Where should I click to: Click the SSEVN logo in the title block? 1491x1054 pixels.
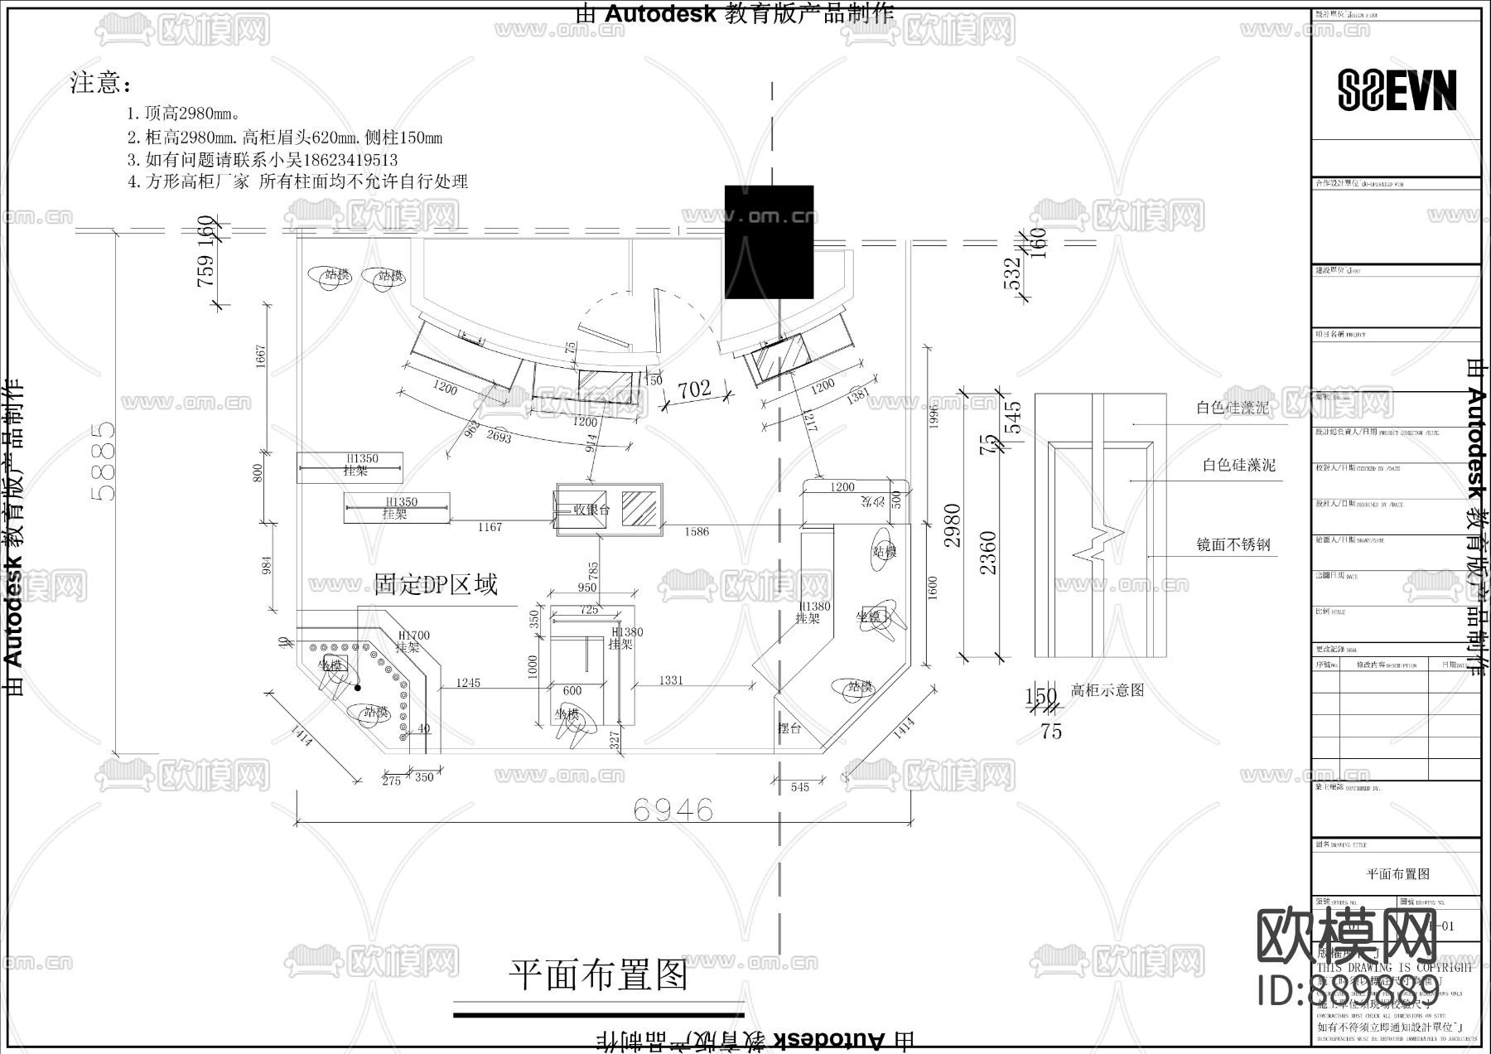(x=1397, y=90)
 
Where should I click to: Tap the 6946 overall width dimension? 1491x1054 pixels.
(x=673, y=810)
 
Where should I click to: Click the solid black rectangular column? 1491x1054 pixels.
(x=769, y=241)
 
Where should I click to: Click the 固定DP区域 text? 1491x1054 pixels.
(x=436, y=585)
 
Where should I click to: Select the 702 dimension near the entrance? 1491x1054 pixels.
(x=694, y=389)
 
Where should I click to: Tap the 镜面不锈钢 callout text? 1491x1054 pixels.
(x=1233, y=545)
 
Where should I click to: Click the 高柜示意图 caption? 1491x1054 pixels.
(x=1107, y=690)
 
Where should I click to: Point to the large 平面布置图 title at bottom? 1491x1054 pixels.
(x=598, y=974)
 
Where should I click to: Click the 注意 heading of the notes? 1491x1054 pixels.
(x=100, y=84)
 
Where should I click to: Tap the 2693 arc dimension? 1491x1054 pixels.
(x=499, y=435)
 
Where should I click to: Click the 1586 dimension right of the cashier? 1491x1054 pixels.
(x=696, y=531)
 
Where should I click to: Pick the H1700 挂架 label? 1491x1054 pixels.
(x=413, y=641)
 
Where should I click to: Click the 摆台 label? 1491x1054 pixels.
(x=789, y=729)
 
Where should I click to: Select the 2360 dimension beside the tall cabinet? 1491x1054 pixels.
(x=988, y=552)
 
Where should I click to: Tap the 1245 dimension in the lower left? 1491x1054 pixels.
(x=468, y=683)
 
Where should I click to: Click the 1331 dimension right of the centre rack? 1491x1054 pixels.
(x=671, y=680)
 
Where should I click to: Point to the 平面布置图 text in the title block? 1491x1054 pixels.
(x=1397, y=873)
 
